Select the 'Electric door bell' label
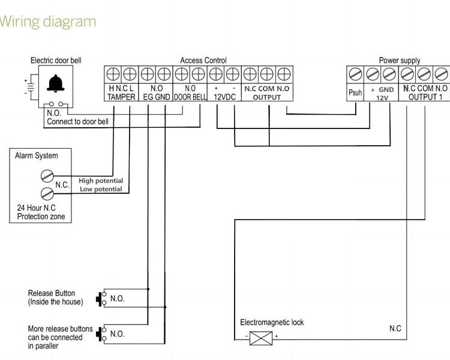[x=56, y=61]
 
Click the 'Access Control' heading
[x=203, y=61]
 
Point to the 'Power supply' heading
[x=399, y=61]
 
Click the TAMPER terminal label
[x=121, y=97]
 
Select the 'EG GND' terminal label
[x=156, y=97]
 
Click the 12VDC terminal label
[x=224, y=97]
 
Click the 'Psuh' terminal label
[x=355, y=93]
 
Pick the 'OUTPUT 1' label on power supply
[x=425, y=97]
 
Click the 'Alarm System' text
[x=37, y=156]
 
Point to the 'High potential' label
[x=101, y=181]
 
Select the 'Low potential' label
[x=101, y=189]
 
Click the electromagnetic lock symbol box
[x=260, y=337]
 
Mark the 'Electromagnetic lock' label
[x=272, y=322]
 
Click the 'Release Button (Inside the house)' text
[x=56, y=297]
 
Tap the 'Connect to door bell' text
[x=77, y=121]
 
